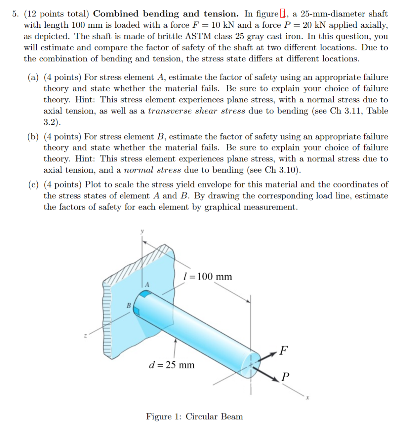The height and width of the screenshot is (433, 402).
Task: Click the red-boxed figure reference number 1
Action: pos(283,14)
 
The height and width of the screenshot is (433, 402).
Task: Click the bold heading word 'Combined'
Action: pos(116,14)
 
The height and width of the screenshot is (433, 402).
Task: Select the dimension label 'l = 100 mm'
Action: pos(208,276)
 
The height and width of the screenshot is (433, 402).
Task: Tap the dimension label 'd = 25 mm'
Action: pos(172,365)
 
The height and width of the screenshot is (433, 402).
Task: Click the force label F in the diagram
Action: pos(283,350)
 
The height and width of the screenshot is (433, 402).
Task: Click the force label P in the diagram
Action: pos(285,376)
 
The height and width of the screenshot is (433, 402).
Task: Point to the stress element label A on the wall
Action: pos(147,284)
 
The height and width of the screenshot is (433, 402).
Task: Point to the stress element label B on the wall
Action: pos(129,305)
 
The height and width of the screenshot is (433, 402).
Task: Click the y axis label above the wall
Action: pos(142,232)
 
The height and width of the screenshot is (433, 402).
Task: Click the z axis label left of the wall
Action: pos(85,337)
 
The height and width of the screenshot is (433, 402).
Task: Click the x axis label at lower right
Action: pos(307,399)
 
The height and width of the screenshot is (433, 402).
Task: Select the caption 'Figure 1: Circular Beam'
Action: pos(194,416)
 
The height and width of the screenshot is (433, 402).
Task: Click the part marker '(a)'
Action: pos(33,77)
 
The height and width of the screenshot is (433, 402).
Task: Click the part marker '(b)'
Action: pos(33,137)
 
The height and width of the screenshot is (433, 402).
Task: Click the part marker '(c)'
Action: pos(33,184)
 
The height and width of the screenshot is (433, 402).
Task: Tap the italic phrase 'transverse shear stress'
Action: pos(196,111)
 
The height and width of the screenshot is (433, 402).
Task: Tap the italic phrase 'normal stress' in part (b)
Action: pos(152,170)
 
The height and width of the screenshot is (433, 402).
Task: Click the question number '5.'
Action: pos(16,14)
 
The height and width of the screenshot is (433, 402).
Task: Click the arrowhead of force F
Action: pos(273,354)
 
